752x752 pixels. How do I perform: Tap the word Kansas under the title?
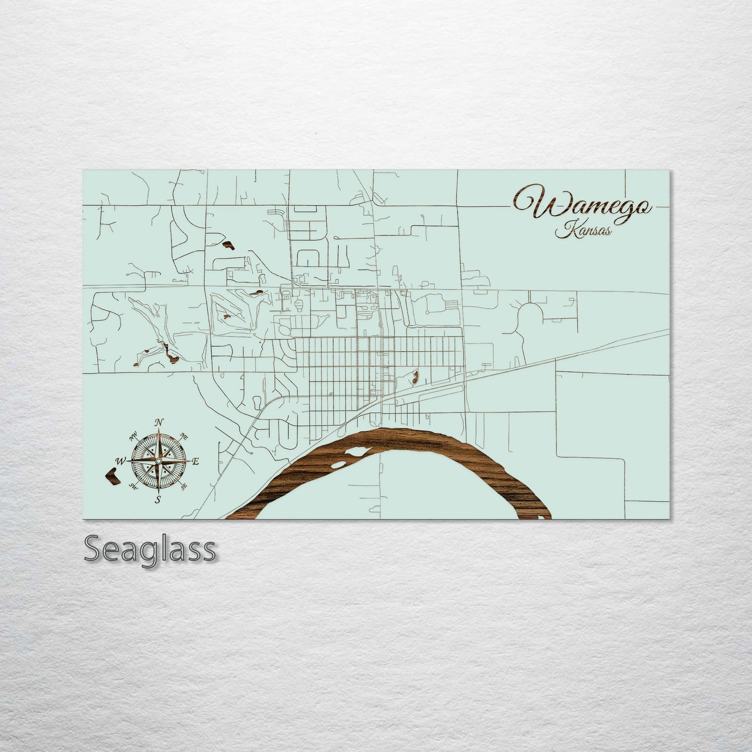coord(583,230)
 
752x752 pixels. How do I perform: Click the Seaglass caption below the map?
coord(149,549)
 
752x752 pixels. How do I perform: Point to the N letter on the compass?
coord(160,422)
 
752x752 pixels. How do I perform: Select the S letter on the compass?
coord(157,500)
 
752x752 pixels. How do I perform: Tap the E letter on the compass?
coord(196,461)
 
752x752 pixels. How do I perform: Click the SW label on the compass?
coord(133,487)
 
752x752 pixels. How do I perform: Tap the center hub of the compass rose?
coord(158,461)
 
